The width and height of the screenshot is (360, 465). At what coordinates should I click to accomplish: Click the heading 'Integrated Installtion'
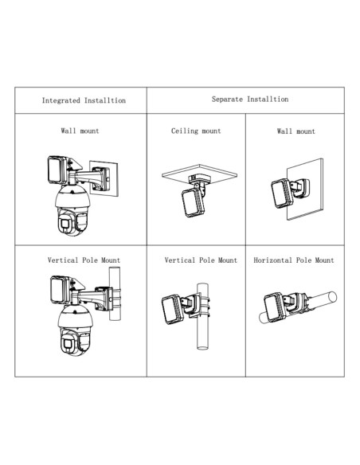tap(84, 100)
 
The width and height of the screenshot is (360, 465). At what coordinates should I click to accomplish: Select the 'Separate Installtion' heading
tap(250, 100)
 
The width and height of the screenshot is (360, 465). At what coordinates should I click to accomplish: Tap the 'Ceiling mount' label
tap(196, 131)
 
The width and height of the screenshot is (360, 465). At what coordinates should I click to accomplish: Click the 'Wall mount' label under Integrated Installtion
tap(80, 131)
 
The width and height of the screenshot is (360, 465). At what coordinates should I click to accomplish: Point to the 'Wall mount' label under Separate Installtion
tap(296, 131)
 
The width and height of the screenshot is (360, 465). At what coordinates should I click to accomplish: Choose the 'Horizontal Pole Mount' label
tap(294, 260)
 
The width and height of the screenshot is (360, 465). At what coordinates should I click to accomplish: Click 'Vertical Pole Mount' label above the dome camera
tap(84, 260)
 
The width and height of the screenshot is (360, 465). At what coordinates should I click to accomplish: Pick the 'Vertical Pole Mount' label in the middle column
tap(201, 260)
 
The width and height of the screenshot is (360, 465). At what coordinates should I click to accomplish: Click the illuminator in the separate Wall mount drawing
tap(282, 193)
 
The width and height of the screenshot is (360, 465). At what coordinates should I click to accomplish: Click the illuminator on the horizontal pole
tap(275, 307)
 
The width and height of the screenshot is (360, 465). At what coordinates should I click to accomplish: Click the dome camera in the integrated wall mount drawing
tap(73, 210)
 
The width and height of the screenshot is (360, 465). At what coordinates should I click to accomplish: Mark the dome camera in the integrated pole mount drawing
tap(75, 330)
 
